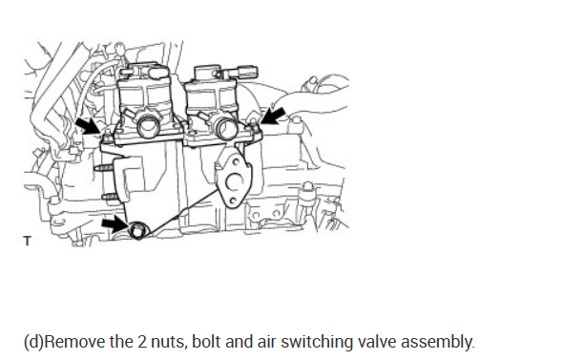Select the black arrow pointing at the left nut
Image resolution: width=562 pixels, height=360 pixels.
coord(89,126)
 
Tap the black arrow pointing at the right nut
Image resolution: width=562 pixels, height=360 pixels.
coord(273,116)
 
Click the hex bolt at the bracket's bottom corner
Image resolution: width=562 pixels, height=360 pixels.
coord(136,231)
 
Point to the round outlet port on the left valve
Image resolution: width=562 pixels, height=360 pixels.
coord(149,127)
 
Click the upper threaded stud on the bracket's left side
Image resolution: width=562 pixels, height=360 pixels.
coord(102,167)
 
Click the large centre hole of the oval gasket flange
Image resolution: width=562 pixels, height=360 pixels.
coord(234,182)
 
